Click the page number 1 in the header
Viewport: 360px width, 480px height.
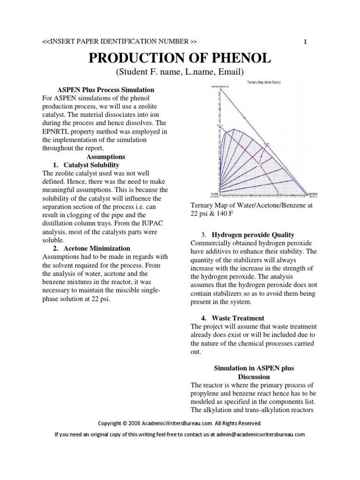click(x=305, y=42)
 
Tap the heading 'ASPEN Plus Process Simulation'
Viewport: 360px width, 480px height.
click(x=105, y=90)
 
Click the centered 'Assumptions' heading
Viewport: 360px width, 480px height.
click(x=105, y=157)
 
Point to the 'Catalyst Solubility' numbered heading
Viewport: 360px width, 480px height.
click(x=92, y=165)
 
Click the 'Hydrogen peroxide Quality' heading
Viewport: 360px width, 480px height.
click(x=253, y=234)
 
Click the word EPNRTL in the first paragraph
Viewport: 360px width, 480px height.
click(x=56, y=132)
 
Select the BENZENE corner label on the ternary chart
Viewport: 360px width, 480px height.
click(x=314, y=193)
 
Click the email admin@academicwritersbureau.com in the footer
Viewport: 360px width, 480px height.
click(x=260, y=434)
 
